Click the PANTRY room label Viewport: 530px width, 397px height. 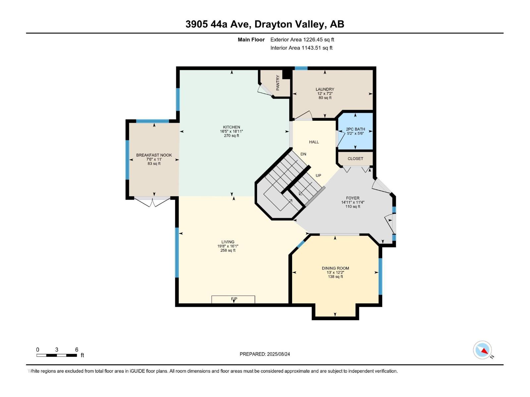pyautogui.click(x=278, y=83)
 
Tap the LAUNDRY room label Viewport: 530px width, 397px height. pyautogui.click(x=325, y=89)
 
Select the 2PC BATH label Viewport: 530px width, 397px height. pyautogui.click(x=355, y=129)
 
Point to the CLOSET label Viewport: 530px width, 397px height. pyautogui.click(x=355, y=158)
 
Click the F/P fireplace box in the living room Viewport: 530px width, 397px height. pyautogui.click(x=233, y=299)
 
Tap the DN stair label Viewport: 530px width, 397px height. pyautogui.click(x=303, y=154)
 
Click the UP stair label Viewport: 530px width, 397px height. pyautogui.click(x=318, y=175)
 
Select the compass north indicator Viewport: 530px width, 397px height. pyautogui.click(x=482, y=350)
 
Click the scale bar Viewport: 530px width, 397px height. pyautogui.click(x=57, y=355)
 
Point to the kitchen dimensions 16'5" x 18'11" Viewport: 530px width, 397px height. pyautogui.click(x=231, y=131)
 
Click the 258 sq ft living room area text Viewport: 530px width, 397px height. pyautogui.click(x=228, y=250)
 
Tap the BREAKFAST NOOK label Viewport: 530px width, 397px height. pyautogui.click(x=154, y=155)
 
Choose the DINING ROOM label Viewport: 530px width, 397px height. pyautogui.click(x=335, y=268)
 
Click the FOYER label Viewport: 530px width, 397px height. pyautogui.click(x=353, y=198)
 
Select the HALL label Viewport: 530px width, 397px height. pyautogui.click(x=314, y=142)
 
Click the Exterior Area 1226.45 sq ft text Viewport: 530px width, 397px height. pyautogui.click(x=302, y=39)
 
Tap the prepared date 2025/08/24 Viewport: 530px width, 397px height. pyautogui.click(x=278, y=354)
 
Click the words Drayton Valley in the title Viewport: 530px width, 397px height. pyautogui.click(x=289, y=24)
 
